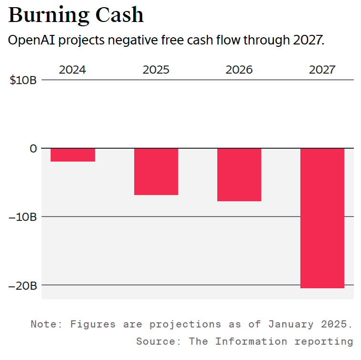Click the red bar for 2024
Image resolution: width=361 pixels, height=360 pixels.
click(73, 155)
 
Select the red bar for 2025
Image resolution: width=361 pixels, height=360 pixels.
click(156, 171)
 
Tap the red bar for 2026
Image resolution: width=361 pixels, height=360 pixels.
click(239, 175)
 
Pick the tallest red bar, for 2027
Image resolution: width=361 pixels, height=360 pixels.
click(322, 218)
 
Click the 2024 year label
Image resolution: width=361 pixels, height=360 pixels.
click(73, 70)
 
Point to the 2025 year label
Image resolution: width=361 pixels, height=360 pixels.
click(156, 70)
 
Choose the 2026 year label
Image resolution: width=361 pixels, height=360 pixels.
click(239, 70)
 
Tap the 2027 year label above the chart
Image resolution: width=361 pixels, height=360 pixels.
click(322, 70)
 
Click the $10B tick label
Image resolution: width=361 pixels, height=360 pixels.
click(23, 80)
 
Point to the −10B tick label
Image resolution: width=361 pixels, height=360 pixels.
click(23, 217)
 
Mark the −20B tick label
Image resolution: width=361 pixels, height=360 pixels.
click(23, 285)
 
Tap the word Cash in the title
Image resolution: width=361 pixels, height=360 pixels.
click(119, 15)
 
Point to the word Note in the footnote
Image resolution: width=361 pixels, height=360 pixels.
click(46, 324)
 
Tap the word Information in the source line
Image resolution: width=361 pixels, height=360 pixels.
click(251, 341)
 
